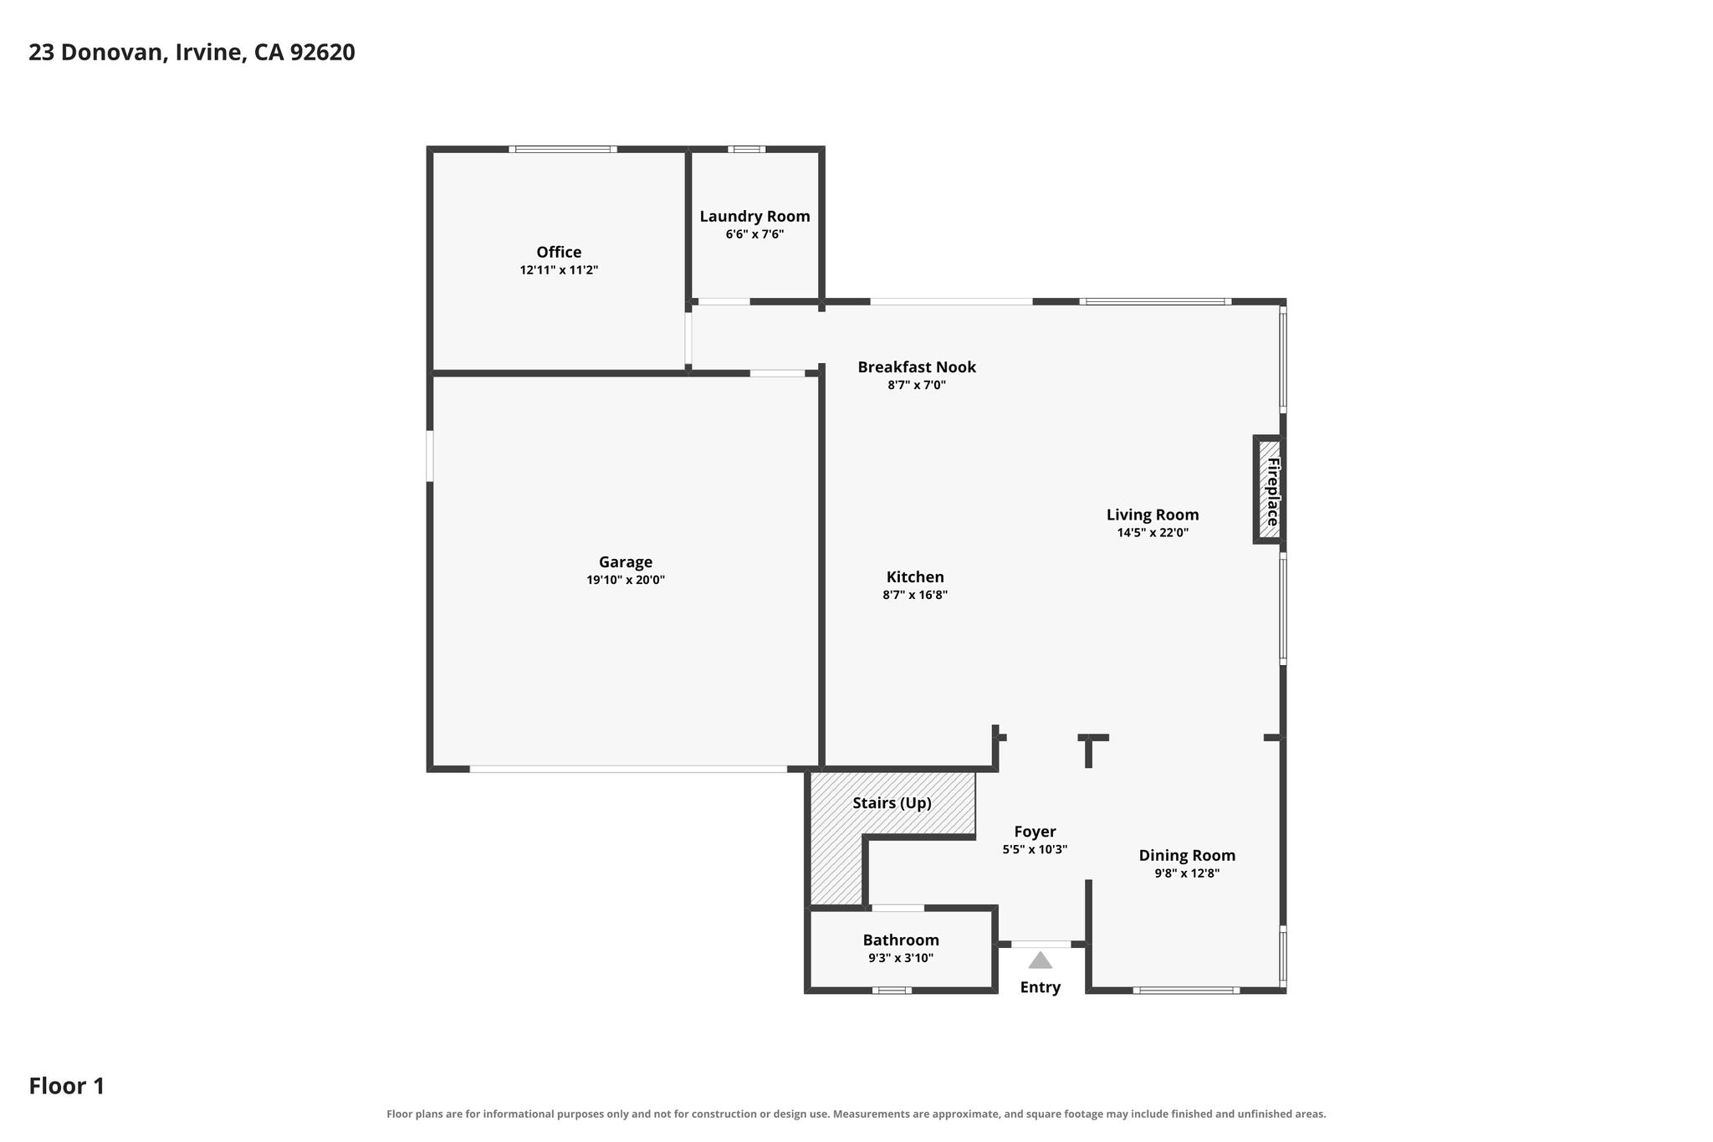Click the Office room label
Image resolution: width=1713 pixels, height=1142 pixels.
tap(559, 252)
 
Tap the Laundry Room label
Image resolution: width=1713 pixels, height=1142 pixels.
tap(754, 217)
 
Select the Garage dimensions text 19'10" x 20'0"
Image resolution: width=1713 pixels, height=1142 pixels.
tap(626, 580)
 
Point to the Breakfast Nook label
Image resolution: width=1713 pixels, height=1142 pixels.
tap(917, 366)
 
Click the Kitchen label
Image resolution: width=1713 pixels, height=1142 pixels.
tap(915, 576)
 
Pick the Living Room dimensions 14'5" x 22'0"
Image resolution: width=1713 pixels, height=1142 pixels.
tap(1153, 532)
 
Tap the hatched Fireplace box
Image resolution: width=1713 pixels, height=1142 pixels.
tap(1270, 489)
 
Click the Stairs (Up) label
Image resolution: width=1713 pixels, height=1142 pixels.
tap(892, 803)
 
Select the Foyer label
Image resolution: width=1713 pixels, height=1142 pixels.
tap(1035, 832)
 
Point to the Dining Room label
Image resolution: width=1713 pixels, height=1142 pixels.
tap(1187, 855)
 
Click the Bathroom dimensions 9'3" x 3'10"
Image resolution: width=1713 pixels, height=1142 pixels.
tap(901, 958)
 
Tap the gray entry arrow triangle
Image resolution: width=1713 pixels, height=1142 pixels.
tap(1040, 960)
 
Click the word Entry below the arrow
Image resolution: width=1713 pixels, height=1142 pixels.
tap(1040, 987)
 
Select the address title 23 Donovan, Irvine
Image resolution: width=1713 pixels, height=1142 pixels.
tap(137, 53)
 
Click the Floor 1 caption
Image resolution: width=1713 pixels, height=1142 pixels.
tap(67, 1086)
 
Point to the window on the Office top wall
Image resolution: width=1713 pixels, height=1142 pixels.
tap(563, 150)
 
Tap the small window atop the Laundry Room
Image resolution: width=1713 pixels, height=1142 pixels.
tap(746, 150)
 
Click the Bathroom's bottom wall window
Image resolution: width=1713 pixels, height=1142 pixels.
tap(892, 991)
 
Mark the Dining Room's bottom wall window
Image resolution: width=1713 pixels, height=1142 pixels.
tap(1186, 991)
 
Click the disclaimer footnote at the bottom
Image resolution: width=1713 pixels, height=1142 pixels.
tap(856, 1114)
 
